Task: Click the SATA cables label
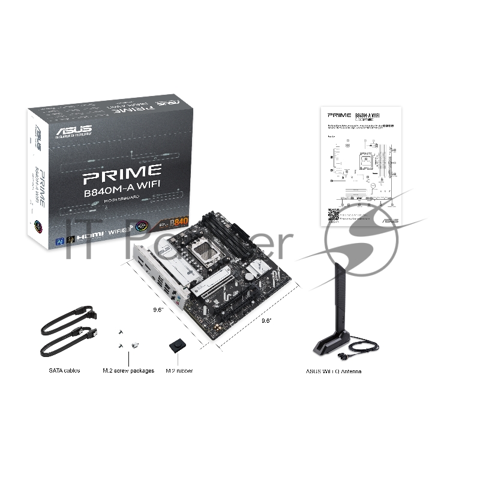64,371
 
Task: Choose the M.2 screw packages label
128,371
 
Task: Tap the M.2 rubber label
179,371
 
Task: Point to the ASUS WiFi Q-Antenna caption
334,371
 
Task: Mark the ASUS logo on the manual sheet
389,220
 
